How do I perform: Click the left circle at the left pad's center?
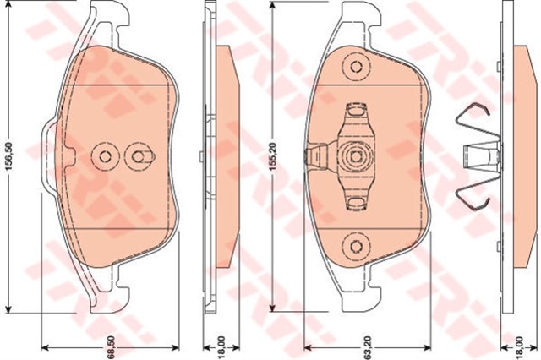(105, 155)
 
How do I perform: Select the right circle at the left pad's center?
(135, 155)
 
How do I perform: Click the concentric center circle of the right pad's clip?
(356, 155)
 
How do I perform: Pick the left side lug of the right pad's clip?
(315, 155)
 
